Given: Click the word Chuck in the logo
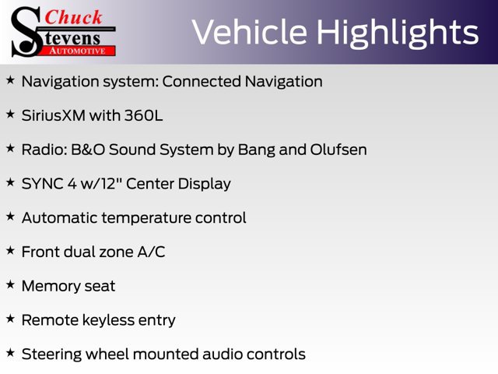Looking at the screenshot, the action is pos(73,17).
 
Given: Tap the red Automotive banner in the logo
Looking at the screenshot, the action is pos(79,51).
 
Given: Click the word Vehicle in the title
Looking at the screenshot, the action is pos(249,32).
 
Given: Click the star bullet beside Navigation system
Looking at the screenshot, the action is pos(10,79).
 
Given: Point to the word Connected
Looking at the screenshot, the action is pos(202,81).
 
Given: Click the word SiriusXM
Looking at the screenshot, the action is pos(54,115).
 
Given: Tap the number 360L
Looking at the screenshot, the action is pos(143,115).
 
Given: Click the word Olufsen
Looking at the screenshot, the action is pos(338,150).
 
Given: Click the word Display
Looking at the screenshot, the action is pos(204,184).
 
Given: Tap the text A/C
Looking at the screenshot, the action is pos(151,252).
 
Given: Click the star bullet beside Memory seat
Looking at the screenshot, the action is pos(10,284).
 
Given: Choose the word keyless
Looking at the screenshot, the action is pos(108,320).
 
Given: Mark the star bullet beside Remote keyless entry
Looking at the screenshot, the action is pos(10,319).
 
